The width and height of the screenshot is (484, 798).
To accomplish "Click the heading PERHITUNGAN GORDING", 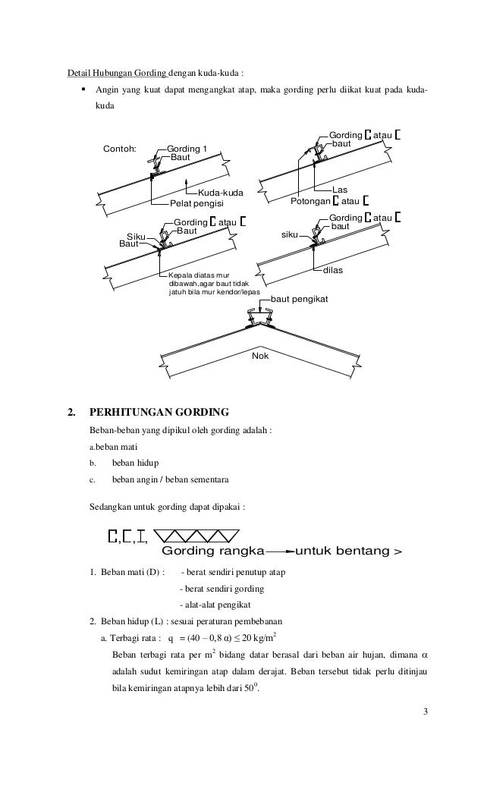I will pos(159,413).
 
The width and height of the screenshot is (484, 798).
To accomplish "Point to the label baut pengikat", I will pos(299,300).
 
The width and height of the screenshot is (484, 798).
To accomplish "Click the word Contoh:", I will pos(120,148).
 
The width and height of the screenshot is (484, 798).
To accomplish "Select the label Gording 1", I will pos(187,148).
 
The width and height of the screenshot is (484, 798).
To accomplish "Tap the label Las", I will pos(340,190).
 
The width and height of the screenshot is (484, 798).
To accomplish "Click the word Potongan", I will pos(312,202).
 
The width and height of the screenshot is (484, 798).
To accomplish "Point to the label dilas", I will pos(334,269).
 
